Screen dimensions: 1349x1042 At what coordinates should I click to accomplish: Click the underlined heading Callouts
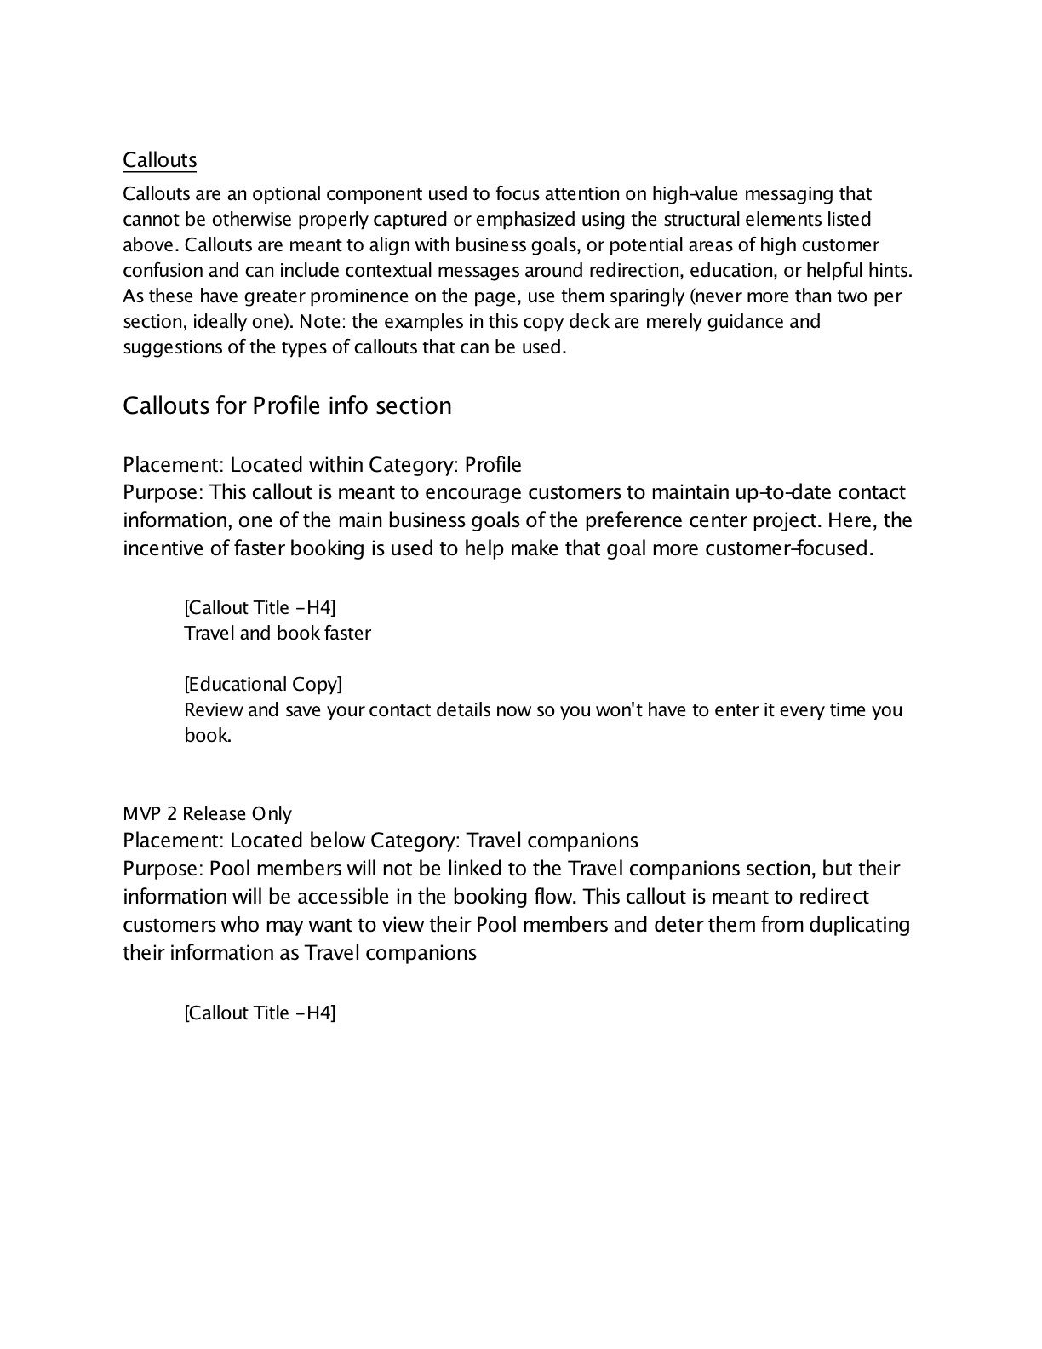[x=159, y=160]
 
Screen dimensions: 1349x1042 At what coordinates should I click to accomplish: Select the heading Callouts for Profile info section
[x=287, y=405]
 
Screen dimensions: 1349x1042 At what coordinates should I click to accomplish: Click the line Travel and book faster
[x=278, y=634]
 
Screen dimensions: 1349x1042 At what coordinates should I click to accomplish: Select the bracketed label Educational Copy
[x=263, y=685]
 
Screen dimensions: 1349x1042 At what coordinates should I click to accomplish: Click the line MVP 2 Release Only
[x=207, y=814]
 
